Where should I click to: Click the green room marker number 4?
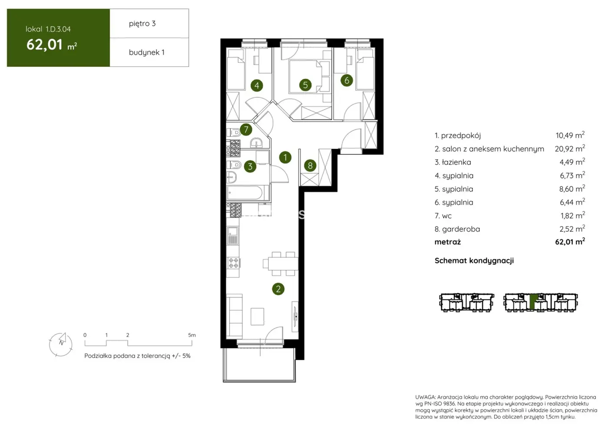click(x=257, y=86)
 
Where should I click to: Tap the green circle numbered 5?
click(x=305, y=85)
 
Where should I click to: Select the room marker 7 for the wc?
click(x=246, y=129)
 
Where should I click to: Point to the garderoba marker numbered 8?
click(x=310, y=165)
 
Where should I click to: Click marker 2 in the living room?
click(x=278, y=289)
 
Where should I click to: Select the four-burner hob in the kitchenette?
click(x=233, y=263)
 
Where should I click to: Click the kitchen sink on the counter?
click(x=233, y=235)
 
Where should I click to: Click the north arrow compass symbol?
click(x=61, y=344)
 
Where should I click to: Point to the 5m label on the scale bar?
click(x=192, y=335)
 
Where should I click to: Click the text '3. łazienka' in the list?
click(x=453, y=162)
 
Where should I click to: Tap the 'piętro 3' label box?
click(x=149, y=23)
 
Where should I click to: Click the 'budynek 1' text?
click(x=146, y=52)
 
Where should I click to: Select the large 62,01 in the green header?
click(x=45, y=44)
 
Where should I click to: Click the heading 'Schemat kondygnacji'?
click(x=474, y=260)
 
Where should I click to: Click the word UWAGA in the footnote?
click(x=425, y=397)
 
